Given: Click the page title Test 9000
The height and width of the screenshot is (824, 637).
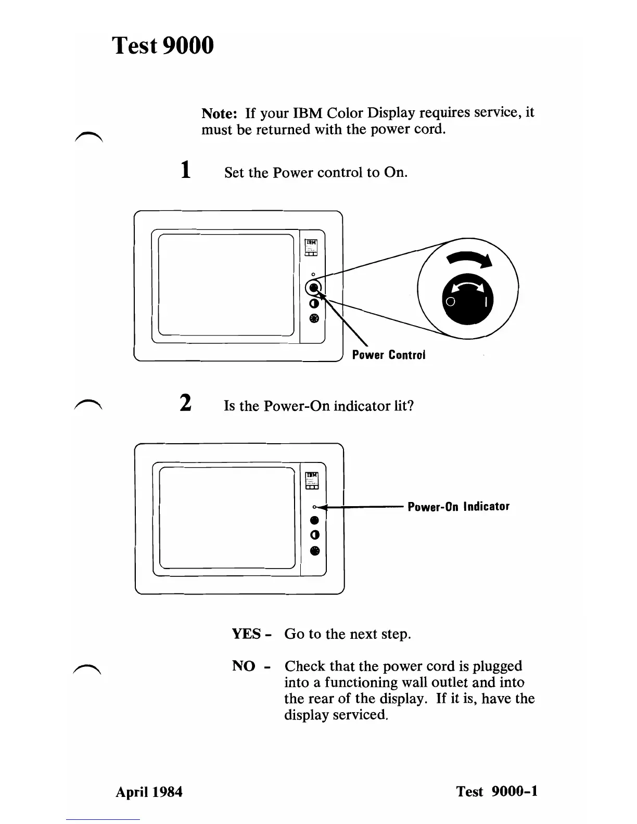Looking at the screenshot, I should [x=163, y=45].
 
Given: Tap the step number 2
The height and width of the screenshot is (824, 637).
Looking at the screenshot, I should [x=185, y=404].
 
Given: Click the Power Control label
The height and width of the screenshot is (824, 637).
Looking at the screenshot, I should [x=388, y=355].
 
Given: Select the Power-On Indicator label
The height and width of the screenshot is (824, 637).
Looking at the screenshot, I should [x=458, y=507].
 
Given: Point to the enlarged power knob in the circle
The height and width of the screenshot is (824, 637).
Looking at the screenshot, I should [x=467, y=299].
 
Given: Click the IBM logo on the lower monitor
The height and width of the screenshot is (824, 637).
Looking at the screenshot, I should [x=312, y=475].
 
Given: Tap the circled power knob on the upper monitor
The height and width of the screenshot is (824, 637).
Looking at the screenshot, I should [x=314, y=288].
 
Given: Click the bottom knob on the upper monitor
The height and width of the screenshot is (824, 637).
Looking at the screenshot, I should [x=314, y=319].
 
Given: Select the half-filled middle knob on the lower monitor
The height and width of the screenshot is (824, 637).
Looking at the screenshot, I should [x=314, y=535].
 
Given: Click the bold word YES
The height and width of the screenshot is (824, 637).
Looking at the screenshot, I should [x=246, y=634].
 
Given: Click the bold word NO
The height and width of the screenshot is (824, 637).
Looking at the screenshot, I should [x=243, y=666].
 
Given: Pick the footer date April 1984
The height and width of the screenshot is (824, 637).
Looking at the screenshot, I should [x=149, y=792].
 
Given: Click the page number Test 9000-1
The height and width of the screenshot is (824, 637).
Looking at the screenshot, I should [x=497, y=792].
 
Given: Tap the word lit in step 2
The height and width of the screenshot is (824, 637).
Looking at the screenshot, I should [x=405, y=406].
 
